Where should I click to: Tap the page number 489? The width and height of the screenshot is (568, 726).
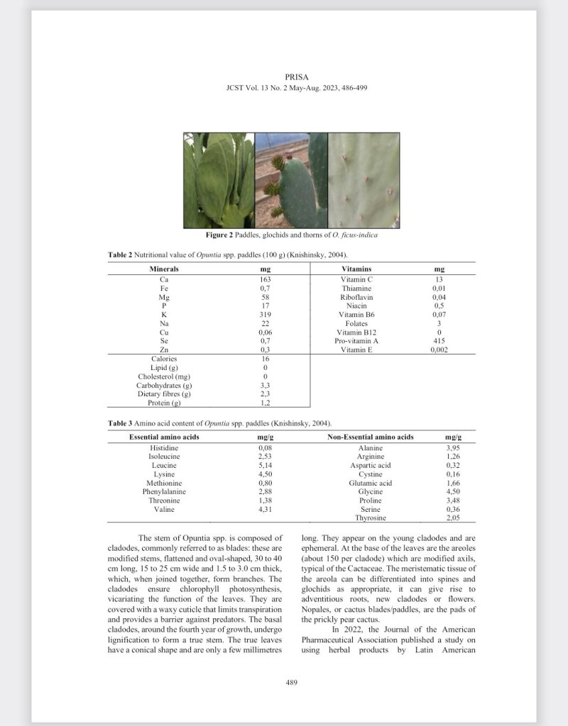290,682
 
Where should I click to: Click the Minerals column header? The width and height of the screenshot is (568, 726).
164,269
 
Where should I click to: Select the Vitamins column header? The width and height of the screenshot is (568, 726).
356,269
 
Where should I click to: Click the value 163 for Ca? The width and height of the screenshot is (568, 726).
266,279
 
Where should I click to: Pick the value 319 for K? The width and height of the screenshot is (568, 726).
266,314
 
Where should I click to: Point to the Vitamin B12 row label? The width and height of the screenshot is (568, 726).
356,332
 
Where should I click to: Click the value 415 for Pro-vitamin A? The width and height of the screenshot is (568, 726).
439,340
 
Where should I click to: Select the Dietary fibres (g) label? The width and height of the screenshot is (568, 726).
164,394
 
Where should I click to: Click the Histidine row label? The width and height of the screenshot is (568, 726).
163,448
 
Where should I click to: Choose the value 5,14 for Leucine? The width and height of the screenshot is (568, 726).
266,466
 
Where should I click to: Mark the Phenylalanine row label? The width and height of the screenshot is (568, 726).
164,491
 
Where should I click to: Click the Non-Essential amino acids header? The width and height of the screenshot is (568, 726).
370,437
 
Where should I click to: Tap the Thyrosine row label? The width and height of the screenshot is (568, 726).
370,518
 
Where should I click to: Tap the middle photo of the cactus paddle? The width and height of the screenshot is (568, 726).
291,180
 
